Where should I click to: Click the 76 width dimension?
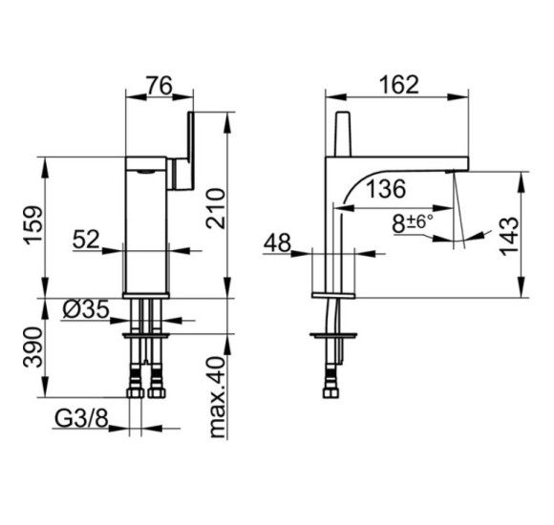(160, 85)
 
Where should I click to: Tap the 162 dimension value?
(398, 85)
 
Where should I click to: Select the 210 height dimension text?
(216, 209)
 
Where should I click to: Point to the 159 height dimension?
(33, 225)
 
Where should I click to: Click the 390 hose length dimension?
(32, 347)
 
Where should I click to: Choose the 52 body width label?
(86, 240)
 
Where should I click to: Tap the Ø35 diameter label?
(86, 310)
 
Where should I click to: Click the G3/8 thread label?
(81, 419)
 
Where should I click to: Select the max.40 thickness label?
(217, 397)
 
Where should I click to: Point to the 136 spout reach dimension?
(386, 189)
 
